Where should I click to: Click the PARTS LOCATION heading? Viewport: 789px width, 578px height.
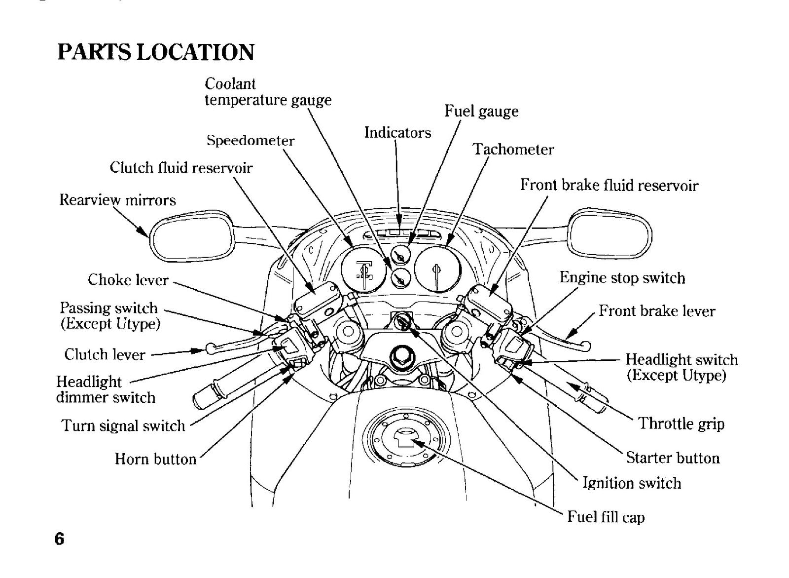click(x=155, y=52)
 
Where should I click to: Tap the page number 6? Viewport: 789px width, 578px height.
click(x=60, y=539)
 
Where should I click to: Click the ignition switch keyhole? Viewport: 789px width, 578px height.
click(x=401, y=321)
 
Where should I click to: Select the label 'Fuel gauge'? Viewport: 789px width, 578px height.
click(x=481, y=112)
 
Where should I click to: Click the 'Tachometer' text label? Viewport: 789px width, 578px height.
click(x=513, y=149)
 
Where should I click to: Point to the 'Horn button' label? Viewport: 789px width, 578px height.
click(x=155, y=459)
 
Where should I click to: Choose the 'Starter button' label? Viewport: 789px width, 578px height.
click(x=673, y=458)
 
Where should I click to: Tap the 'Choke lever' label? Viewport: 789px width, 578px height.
click(x=128, y=280)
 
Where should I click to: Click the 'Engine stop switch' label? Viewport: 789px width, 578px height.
click(x=622, y=278)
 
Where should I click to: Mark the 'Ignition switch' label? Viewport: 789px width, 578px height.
click(x=632, y=483)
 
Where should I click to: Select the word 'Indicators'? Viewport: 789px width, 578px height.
click(x=397, y=133)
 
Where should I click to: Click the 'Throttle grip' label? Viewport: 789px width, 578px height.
click(x=681, y=424)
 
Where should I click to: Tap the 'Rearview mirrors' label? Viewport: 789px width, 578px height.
click(x=117, y=200)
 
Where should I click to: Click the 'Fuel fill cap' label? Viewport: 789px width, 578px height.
click(x=606, y=517)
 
